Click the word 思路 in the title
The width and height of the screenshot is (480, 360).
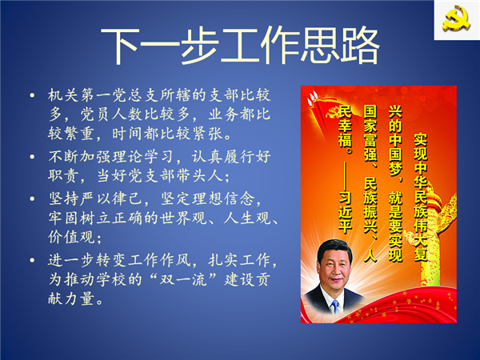(x=341, y=46)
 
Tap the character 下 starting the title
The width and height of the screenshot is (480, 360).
(x=120, y=46)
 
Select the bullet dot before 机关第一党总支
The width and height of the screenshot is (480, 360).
(x=32, y=95)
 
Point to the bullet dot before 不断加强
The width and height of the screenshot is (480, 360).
(x=32, y=157)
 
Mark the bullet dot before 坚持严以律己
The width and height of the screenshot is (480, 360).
(x=32, y=198)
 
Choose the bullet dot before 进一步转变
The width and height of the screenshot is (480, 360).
(x=32, y=261)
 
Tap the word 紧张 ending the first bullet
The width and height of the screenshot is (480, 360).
(x=208, y=134)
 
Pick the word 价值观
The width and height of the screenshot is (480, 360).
(x=71, y=237)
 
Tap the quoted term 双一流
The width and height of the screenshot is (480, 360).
(x=184, y=279)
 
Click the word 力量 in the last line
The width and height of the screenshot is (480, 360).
(x=79, y=298)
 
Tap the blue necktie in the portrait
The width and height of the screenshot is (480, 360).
(x=335, y=306)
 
